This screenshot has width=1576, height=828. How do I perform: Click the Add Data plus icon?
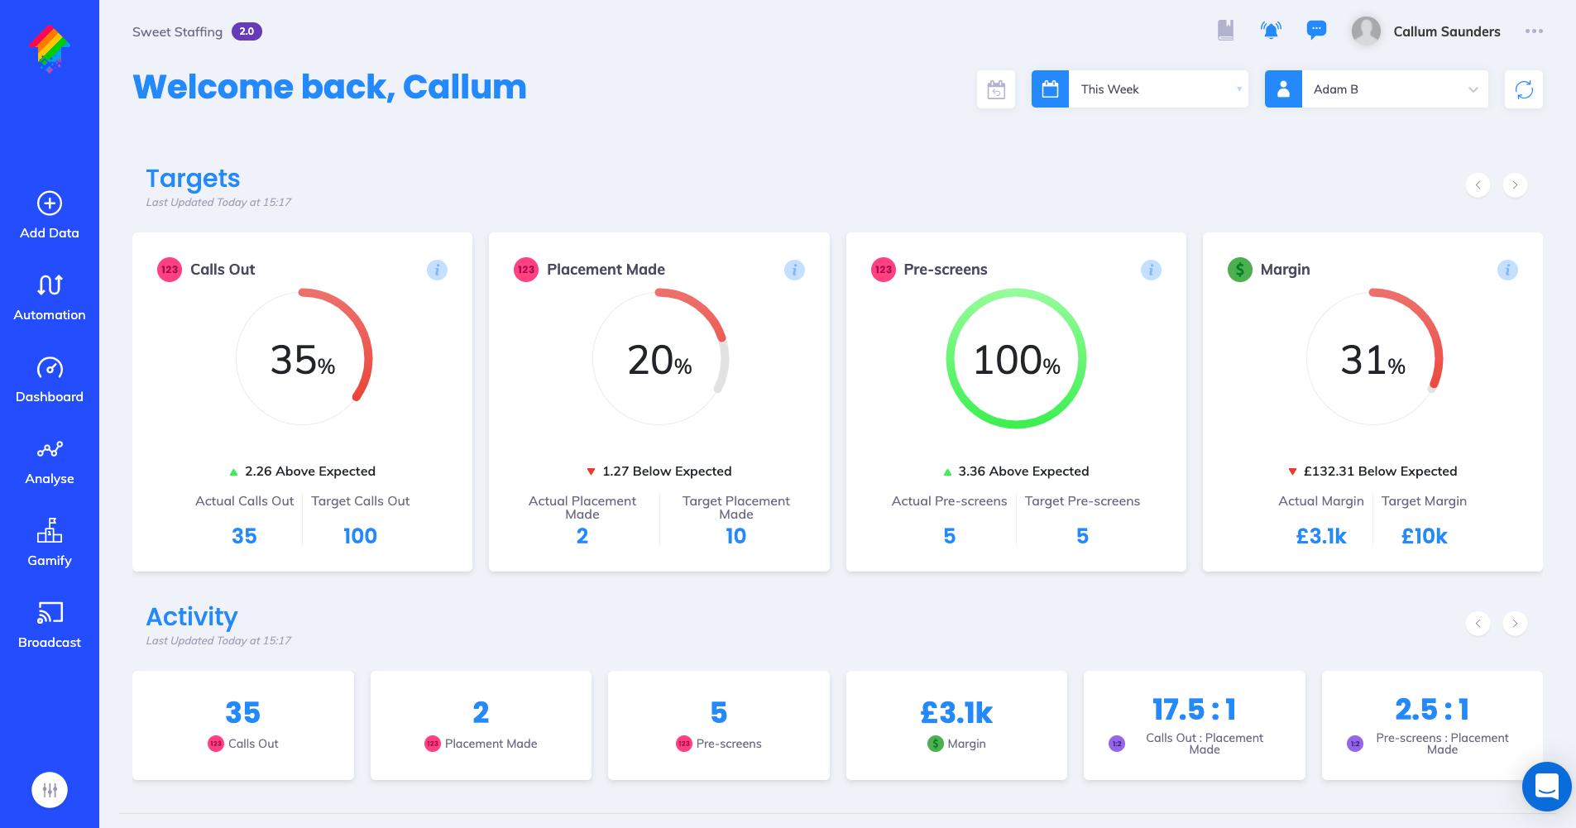[x=50, y=203]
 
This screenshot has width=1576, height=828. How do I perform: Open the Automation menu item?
[x=50, y=298]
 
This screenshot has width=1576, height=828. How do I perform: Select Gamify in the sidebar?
[x=50, y=543]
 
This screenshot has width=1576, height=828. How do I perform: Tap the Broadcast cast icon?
[x=50, y=613]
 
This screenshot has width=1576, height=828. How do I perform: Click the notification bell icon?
[x=1271, y=31]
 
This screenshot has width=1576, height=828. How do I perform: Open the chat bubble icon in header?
[x=1316, y=31]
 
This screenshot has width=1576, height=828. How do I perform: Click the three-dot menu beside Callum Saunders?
[x=1534, y=31]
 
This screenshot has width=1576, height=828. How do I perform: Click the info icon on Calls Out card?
[x=437, y=270]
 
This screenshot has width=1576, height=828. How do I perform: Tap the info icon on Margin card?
[x=1507, y=270]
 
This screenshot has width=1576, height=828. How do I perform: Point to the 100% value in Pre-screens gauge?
[x=1016, y=361]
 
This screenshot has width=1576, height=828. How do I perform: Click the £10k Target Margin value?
[x=1424, y=536]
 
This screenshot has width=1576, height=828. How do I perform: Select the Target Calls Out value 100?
[x=360, y=536]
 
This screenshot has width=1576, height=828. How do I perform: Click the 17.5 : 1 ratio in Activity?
[x=1194, y=710]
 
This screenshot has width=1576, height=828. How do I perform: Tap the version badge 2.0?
[x=247, y=31]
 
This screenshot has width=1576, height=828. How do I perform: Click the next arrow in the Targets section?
[x=1515, y=185]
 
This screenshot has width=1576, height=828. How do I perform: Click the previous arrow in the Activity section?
[x=1478, y=624]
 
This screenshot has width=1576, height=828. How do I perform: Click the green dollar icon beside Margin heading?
[x=1239, y=270]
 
